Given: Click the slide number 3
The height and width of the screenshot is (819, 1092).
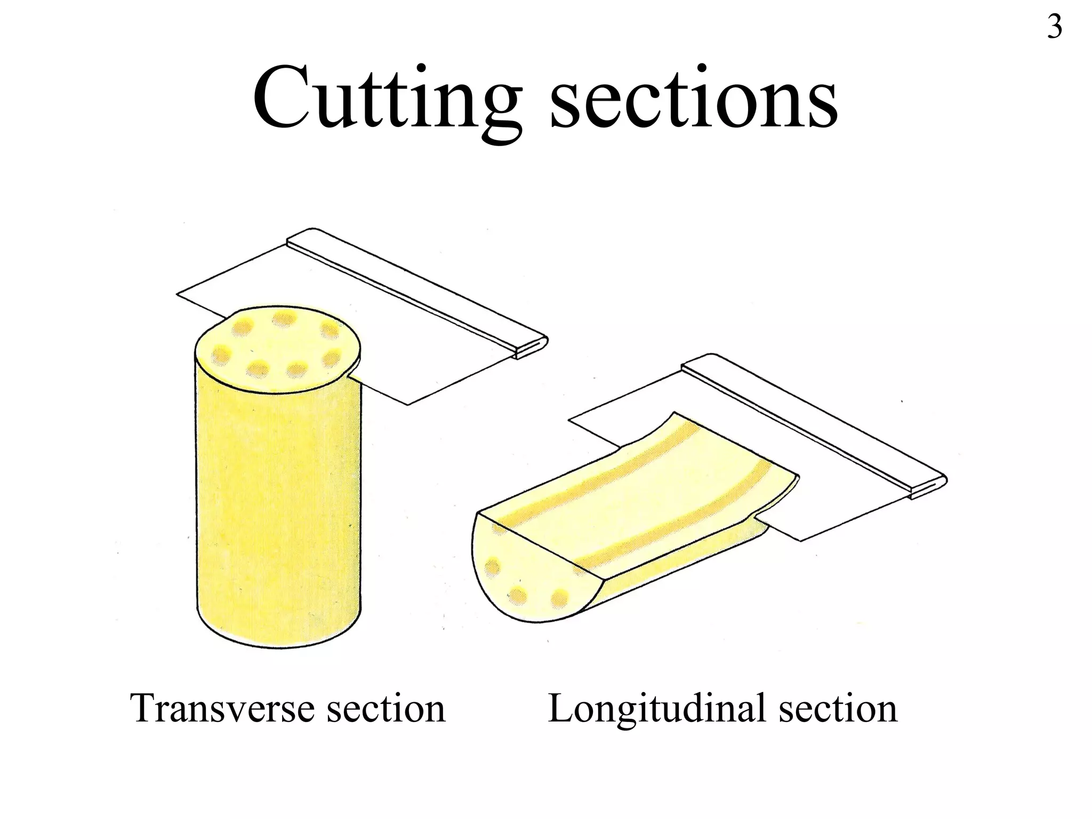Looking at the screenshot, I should click(1054, 27).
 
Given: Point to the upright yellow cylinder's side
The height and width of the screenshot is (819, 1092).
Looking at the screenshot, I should click(277, 507).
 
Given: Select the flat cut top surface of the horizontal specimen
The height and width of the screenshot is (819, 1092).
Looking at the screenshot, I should click(640, 491).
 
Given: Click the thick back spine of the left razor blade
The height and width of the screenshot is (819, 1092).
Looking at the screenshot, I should click(416, 291).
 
